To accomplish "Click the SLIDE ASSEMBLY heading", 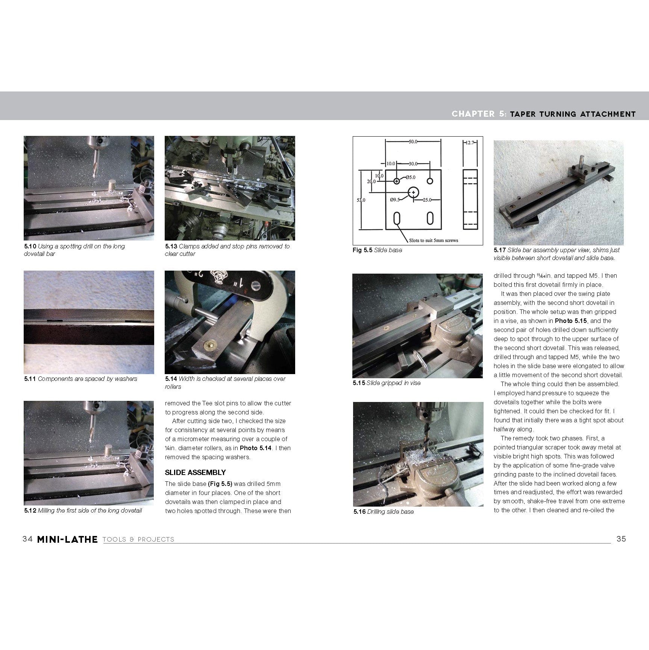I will pos(195,472).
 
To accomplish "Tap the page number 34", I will pos(27,539).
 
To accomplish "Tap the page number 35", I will pos(621,539).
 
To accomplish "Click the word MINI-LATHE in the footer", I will pos(67,539).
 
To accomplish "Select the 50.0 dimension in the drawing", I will pos(413,142).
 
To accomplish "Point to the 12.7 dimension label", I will pos(471,143).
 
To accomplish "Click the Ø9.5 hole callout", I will pos(394,199).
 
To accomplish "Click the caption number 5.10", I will pos(30,246).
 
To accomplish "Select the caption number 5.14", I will pos(171,379).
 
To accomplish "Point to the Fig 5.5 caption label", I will pos(362,250).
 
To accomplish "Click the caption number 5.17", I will pos(500,250).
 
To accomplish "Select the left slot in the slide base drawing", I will pos(397,219).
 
